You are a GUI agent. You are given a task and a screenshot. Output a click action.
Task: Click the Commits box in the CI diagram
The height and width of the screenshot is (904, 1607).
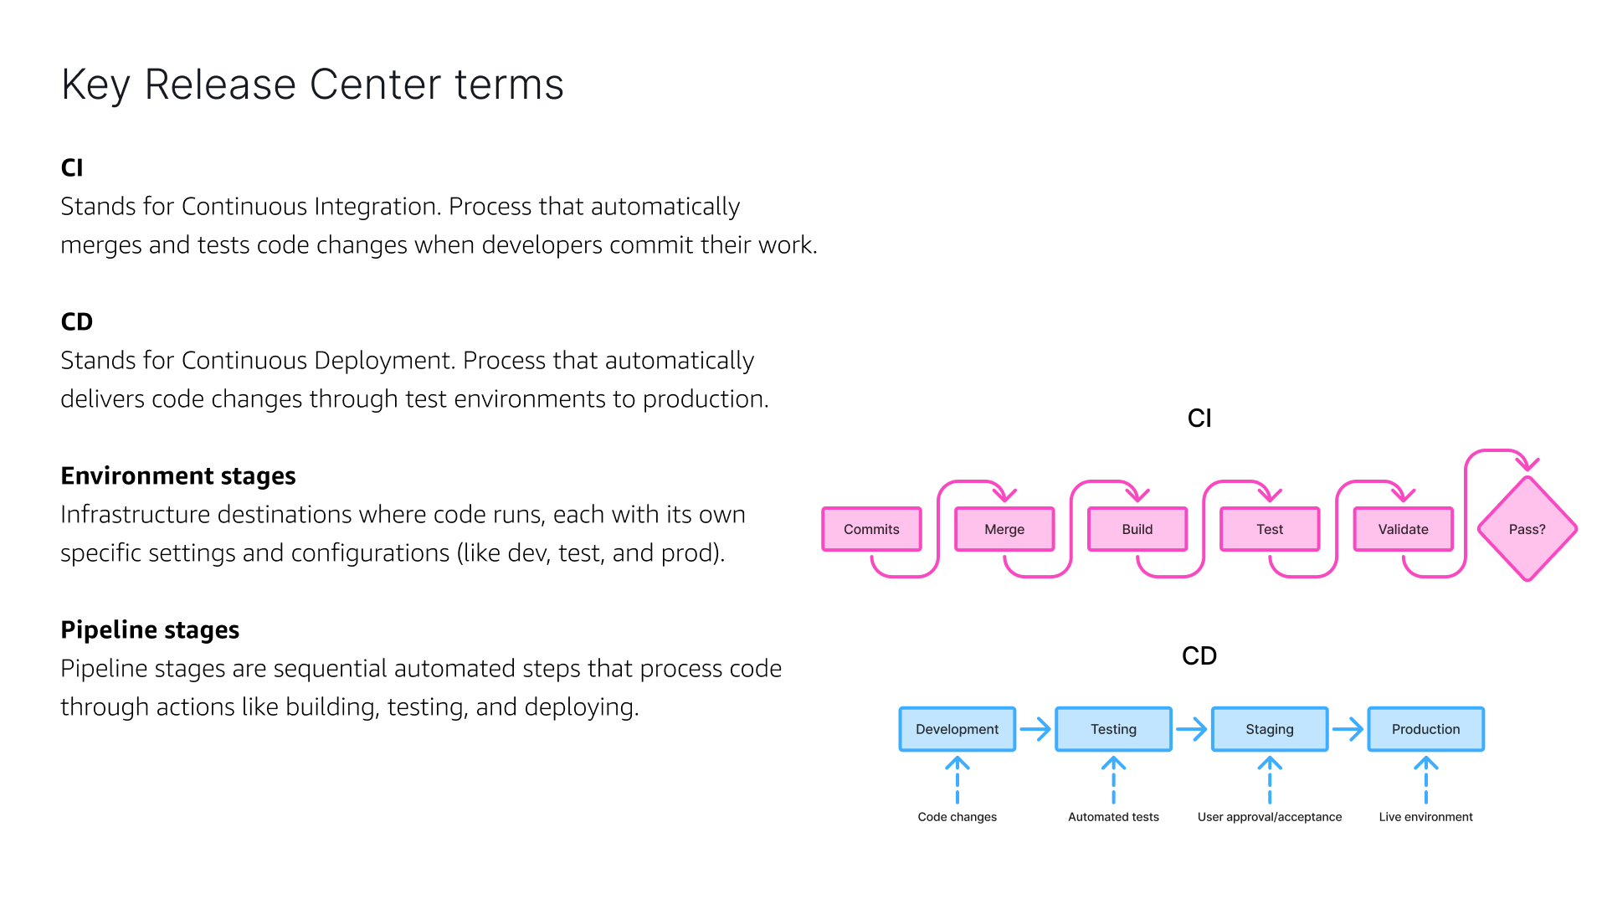(x=871, y=529)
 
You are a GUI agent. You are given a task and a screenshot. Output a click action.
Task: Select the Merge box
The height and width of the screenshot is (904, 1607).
(x=1004, y=529)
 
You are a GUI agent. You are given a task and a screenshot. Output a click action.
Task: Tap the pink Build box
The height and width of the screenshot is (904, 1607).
(x=1137, y=529)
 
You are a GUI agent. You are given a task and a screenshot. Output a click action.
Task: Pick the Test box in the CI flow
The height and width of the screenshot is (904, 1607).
(x=1269, y=529)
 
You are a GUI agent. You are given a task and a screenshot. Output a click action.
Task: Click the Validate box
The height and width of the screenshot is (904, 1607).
(x=1403, y=529)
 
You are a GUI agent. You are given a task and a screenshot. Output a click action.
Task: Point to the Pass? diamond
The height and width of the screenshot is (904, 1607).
(x=1527, y=529)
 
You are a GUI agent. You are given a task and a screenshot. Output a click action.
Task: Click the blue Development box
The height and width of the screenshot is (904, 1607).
(x=957, y=729)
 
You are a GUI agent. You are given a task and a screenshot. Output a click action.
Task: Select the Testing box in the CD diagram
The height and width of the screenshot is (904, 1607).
(x=1113, y=729)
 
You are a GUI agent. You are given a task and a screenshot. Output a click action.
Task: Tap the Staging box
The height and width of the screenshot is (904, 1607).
(x=1269, y=729)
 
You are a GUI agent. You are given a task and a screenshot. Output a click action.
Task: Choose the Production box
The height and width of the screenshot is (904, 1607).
(x=1425, y=729)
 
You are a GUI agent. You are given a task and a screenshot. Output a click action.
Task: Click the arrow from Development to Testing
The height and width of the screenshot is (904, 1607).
(x=1035, y=729)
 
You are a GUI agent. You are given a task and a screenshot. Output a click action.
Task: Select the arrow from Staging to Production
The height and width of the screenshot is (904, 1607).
(x=1348, y=729)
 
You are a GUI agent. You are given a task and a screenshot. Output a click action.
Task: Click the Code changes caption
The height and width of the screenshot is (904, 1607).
(x=957, y=817)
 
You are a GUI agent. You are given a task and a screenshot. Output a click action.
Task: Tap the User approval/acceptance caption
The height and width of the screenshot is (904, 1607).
(x=1269, y=817)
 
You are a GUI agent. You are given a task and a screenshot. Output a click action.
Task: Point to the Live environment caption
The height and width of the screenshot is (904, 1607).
(x=1425, y=817)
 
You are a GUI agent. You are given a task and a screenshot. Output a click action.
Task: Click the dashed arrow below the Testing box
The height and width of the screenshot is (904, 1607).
(x=1113, y=780)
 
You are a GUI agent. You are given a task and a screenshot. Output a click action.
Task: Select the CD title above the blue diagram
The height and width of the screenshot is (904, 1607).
(x=1199, y=655)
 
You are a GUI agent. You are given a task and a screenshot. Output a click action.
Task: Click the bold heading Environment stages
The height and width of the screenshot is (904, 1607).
(x=178, y=475)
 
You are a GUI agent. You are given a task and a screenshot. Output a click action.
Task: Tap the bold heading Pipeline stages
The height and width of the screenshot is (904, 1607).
(x=150, y=629)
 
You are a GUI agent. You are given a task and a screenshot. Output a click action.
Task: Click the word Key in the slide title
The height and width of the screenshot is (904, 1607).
(x=95, y=85)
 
